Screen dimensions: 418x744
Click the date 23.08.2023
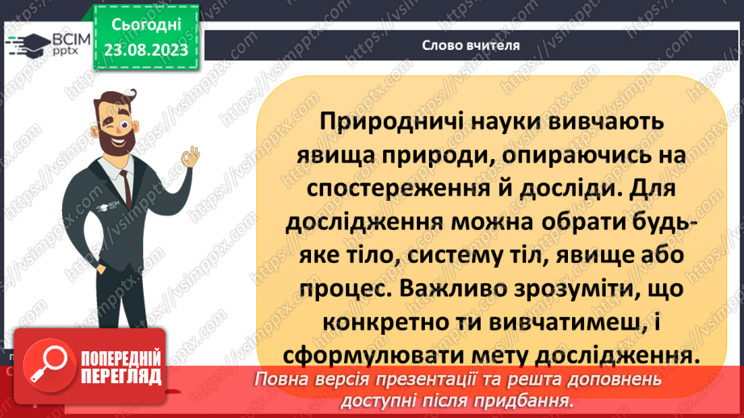tap(146, 49)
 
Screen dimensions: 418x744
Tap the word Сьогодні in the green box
tap(146, 26)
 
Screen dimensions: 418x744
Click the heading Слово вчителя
tap(470, 45)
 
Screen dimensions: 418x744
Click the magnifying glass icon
tap(46, 364)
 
